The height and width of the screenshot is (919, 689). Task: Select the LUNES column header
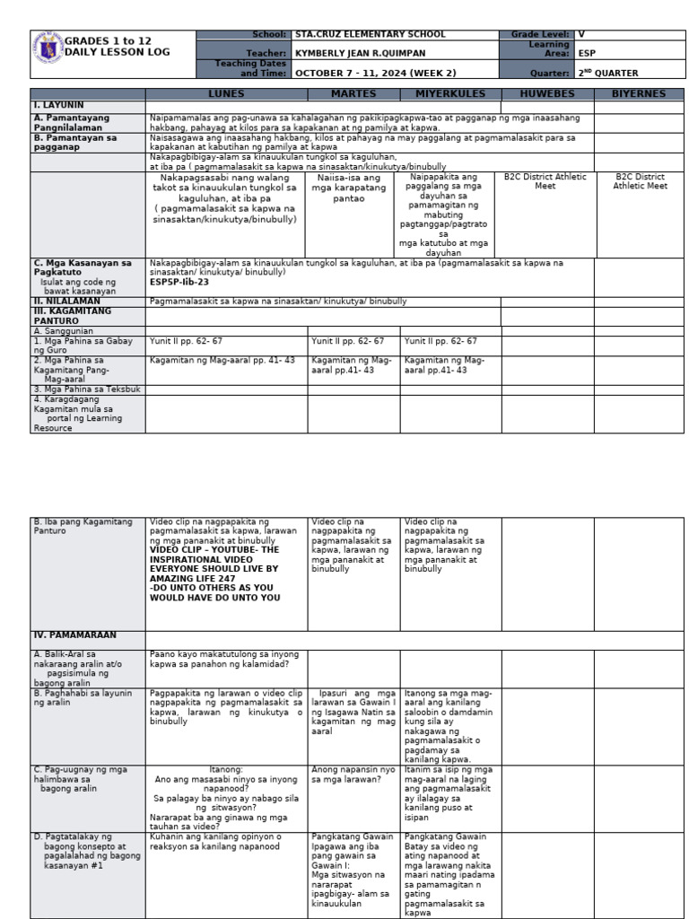point(225,93)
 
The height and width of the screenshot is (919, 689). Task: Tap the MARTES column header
point(353,93)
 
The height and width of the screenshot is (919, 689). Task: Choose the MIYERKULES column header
point(450,93)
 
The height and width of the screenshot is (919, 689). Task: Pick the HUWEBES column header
point(546,93)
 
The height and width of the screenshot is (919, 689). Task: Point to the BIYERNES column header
point(639,93)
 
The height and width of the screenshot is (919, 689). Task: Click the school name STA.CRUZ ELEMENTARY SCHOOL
point(370,34)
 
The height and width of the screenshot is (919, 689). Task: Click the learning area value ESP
point(587,53)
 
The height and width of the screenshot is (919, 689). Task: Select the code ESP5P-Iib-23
point(179,282)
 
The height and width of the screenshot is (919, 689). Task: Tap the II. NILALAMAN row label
point(64,302)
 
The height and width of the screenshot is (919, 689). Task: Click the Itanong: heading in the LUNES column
point(226,769)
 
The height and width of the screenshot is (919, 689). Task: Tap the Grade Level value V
point(581,34)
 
